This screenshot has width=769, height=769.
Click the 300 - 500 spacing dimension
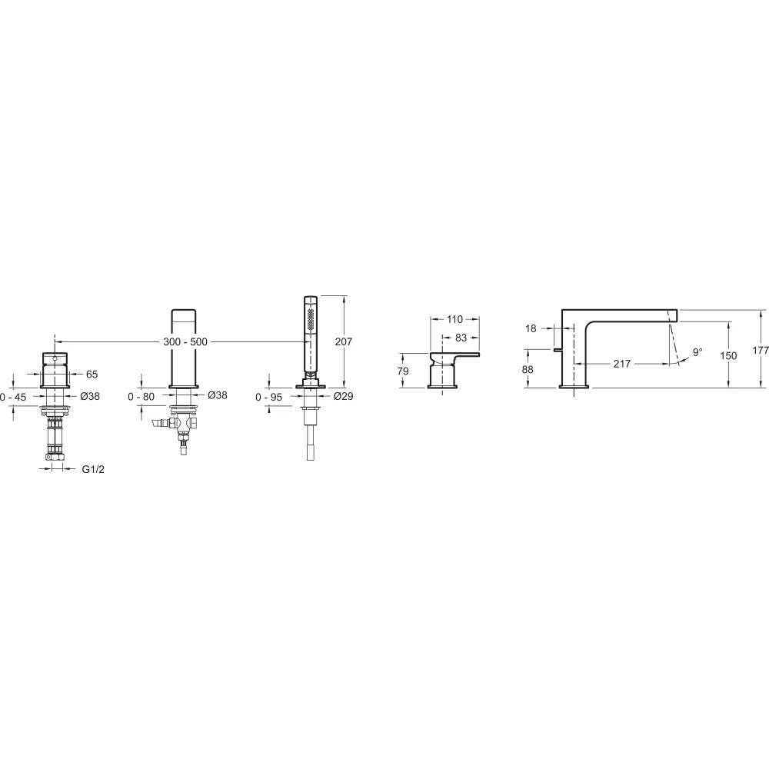185,342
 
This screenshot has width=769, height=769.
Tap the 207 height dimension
343,341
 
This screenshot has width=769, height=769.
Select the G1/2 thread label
93,469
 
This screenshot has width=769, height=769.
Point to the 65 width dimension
92,375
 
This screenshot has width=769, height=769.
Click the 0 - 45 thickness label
13,397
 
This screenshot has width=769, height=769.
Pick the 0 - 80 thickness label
141,396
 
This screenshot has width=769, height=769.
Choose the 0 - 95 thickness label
268,397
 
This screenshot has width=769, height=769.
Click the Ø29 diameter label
343,396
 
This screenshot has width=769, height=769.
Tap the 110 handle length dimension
454,319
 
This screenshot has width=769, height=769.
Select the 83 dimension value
461,338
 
